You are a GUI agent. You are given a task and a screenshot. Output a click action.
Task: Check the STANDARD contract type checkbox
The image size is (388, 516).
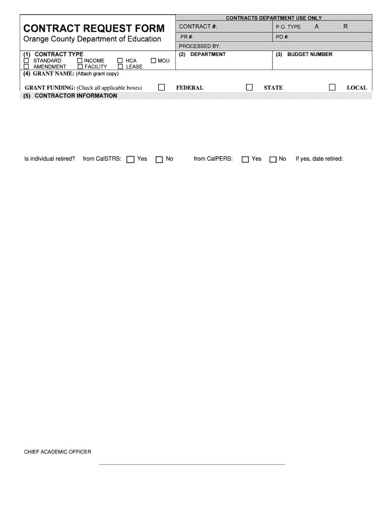pos(27,60)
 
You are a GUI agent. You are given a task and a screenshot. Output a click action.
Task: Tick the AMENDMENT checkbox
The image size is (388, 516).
pos(27,67)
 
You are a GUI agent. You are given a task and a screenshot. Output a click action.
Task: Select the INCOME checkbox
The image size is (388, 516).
pos(80,60)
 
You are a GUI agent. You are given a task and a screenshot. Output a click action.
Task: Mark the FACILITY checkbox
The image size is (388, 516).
pos(80,67)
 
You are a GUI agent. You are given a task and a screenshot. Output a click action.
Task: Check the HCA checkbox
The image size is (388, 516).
pos(120,60)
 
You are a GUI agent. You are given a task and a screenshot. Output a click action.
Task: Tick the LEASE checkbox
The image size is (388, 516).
pos(120,67)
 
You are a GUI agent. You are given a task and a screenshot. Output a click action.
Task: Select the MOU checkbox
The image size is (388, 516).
pos(153,60)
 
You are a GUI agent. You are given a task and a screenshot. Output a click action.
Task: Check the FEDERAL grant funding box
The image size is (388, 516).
pos(162,87)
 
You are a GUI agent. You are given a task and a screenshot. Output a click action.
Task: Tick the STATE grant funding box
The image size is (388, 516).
pos(249,87)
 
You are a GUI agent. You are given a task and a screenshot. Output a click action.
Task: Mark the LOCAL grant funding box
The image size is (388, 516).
pos(332,87)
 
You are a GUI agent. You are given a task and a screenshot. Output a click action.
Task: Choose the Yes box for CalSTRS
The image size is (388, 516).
pos(131,159)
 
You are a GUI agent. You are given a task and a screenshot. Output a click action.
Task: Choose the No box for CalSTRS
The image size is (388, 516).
pos(159,159)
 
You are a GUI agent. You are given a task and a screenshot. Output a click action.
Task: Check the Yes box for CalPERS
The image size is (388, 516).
pos(245,159)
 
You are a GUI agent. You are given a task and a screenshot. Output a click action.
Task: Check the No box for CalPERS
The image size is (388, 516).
pos(273,159)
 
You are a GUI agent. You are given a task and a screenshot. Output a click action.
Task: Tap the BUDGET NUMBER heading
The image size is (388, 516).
pos(309,54)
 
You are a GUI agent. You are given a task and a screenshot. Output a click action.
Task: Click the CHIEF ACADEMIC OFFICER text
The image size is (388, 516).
pos(58,452)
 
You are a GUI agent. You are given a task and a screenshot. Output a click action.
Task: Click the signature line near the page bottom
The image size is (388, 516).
pos(192,464)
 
